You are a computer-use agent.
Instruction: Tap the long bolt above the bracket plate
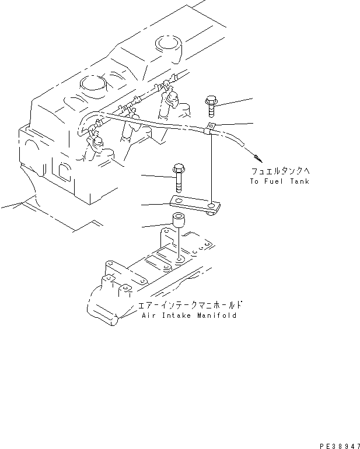[177, 177]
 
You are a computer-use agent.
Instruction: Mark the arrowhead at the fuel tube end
[257, 158]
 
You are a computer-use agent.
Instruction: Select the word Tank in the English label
[299, 181]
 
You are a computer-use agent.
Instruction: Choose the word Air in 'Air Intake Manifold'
[148, 315]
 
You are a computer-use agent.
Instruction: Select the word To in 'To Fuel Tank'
[254, 181]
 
